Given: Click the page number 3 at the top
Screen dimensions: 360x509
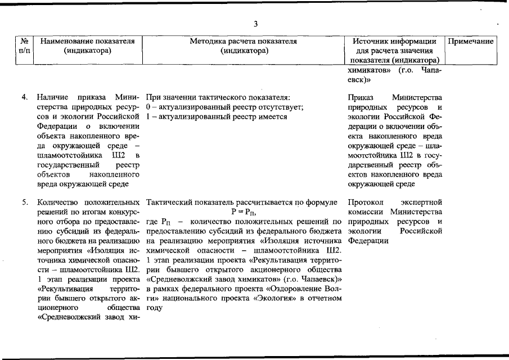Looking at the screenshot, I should tap(255, 24).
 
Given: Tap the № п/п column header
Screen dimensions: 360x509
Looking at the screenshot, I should tap(24, 46).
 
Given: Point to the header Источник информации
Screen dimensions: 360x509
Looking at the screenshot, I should tap(394, 41).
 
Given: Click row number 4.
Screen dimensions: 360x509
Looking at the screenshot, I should tap(25, 97).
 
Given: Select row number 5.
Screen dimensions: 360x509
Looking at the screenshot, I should tap(25, 202).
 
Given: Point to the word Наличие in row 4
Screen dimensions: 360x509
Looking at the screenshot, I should tap(52, 97).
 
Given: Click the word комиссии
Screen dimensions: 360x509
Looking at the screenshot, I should tap(366, 212).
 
